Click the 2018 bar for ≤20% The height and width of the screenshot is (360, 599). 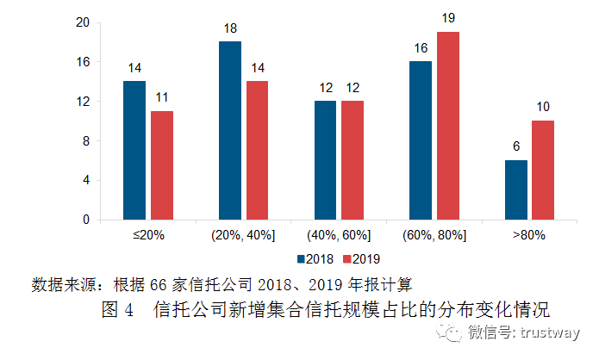[134, 151]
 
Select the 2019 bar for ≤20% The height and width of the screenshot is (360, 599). [161, 165]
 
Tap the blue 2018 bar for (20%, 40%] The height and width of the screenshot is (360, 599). [230, 131]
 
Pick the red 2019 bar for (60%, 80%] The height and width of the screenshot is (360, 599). [448, 126]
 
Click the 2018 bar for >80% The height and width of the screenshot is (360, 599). [516, 189]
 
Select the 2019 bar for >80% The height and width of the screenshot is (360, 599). [543, 170]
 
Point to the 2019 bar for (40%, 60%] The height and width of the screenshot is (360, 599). [353, 160]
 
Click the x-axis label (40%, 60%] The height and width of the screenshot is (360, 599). [339, 234]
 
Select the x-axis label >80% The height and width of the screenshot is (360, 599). [529, 234]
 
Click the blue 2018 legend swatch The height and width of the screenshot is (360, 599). [302, 258]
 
